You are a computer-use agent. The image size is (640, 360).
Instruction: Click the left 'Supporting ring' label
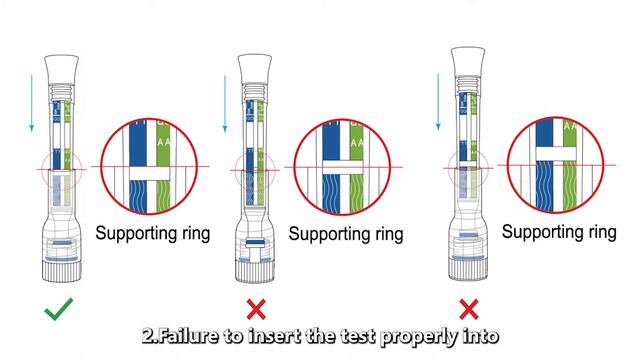153,234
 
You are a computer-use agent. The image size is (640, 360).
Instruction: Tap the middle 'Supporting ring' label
346,234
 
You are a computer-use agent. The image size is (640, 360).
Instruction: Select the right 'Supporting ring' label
558,232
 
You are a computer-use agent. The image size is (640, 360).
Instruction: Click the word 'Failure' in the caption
189,336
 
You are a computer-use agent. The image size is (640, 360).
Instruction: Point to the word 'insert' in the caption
281,336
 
